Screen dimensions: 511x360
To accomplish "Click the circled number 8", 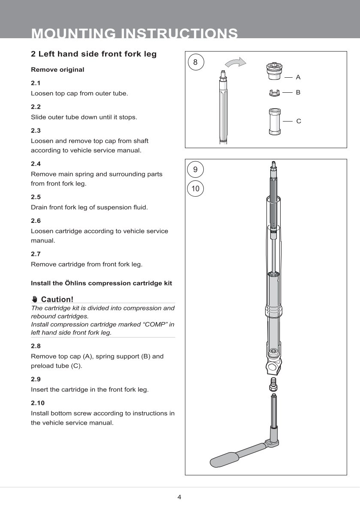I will [195, 63].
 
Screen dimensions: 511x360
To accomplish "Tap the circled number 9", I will [195, 170].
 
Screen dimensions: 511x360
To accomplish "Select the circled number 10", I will [195, 189].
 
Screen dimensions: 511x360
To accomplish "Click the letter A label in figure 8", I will [298, 77].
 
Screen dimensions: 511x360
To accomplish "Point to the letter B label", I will [298, 92].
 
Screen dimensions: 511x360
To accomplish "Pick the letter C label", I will [299, 122].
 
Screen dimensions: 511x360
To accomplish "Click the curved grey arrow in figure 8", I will [236, 63].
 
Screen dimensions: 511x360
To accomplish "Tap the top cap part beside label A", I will [273, 72].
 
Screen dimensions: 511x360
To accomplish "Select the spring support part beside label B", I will [273, 92].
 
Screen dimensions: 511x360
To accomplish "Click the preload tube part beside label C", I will [273, 121].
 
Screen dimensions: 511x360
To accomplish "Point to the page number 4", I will [179, 497].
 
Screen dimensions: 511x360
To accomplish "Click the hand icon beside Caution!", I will [35, 299].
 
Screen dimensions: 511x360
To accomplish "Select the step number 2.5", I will [36, 197].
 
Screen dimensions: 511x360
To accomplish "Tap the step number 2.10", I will [38, 403].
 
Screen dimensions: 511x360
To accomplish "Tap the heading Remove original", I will [57, 70].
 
